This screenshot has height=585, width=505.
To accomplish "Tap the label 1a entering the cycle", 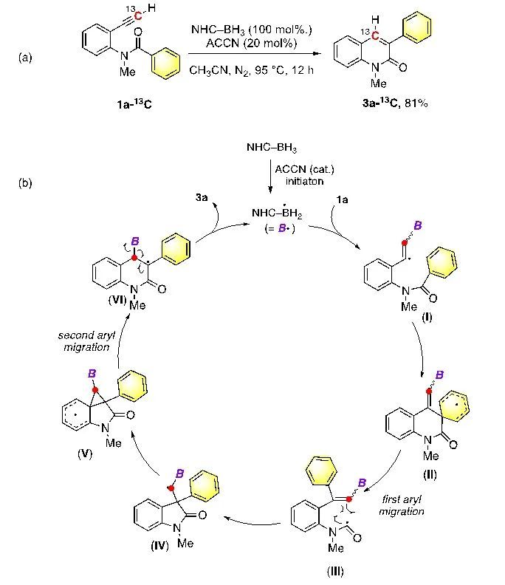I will (342, 199).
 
